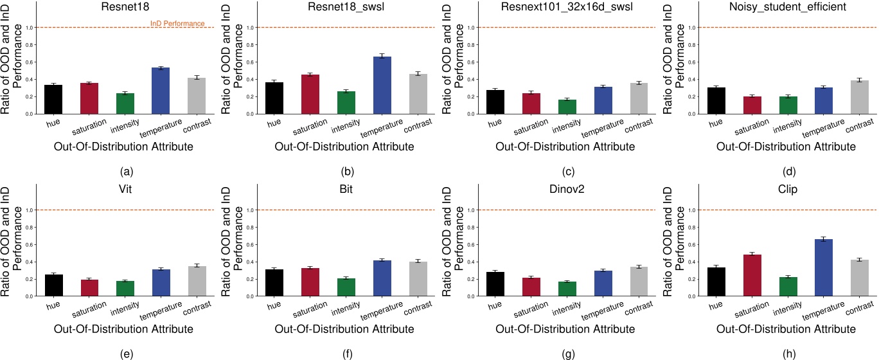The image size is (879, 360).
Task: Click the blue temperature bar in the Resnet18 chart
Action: [161, 91]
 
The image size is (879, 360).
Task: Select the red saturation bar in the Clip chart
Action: [752, 275]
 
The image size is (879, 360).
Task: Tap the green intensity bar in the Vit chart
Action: [125, 289]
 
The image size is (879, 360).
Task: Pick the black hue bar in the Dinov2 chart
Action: [495, 284]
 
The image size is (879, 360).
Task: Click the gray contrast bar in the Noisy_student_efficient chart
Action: [859, 97]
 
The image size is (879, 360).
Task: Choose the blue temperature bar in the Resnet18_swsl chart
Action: [382, 85]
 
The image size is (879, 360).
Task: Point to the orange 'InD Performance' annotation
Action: [177, 24]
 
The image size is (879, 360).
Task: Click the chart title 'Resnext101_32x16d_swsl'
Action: [567, 6]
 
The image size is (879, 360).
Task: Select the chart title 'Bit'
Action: [346, 189]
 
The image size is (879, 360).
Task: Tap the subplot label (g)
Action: [568, 354]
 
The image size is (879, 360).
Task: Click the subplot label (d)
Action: [789, 172]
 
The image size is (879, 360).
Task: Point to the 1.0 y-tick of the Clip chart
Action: [692, 210]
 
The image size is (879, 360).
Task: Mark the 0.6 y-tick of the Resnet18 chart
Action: [30, 62]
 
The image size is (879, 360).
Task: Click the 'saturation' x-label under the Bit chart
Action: [310, 309]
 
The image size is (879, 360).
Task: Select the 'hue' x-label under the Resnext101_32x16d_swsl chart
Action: [495, 123]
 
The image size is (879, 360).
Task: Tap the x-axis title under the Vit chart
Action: [123, 329]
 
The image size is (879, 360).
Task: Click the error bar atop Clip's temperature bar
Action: [823, 239]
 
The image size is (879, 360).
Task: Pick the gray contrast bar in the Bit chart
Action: [418, 279]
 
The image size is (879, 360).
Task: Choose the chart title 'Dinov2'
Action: [567, 189]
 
